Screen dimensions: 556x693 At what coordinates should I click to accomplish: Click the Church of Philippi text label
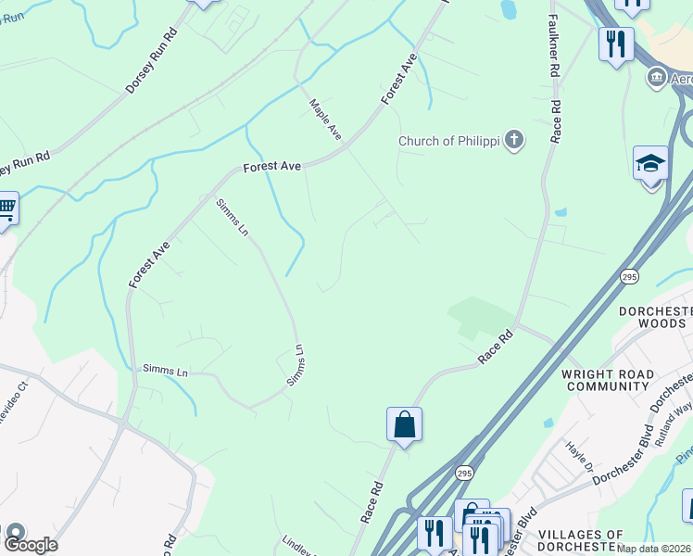[448, 141]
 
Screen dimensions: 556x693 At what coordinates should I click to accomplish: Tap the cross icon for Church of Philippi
[513, 141]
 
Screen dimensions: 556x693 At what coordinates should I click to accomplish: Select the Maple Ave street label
[325, 120]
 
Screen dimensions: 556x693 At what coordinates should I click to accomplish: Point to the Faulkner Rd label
[554, 44]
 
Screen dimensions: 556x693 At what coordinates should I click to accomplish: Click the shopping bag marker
[404, 424]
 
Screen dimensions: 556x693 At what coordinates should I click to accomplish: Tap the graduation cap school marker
[650, 164]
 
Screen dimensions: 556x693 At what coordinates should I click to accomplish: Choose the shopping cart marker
[6, 208]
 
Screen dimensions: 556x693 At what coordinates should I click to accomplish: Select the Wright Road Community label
[608, 380]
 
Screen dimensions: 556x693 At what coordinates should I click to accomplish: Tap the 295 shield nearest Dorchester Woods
[629, 276]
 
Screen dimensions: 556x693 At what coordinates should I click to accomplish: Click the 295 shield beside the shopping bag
[464, 474]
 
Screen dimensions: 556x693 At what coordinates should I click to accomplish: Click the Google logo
[31, 544]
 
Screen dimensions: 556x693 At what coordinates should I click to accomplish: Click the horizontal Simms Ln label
[165, 371]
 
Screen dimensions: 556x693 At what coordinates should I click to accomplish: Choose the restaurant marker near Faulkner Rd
[615, 43]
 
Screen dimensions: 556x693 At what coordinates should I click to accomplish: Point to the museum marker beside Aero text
[657, 78]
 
